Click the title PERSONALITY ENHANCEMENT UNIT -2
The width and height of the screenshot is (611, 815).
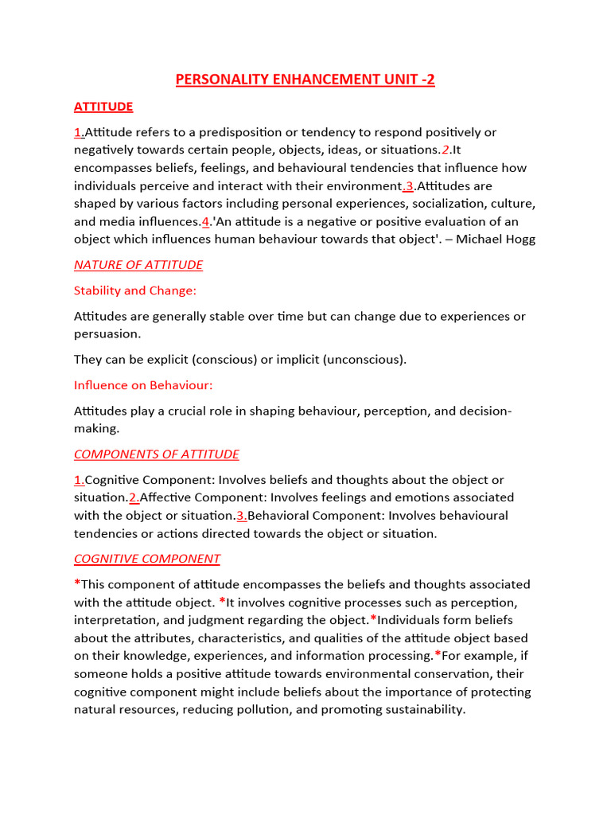[x=305, y=80]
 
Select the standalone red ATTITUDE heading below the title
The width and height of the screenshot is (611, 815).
[x=103, y=107]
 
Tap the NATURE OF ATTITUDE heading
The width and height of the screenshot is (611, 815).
[x=138, y=265]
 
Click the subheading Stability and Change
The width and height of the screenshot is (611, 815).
[x=134, y=291]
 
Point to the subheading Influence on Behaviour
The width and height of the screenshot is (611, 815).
[x=143, y=385]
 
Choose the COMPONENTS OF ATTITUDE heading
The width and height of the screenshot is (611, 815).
[x=156, y=454]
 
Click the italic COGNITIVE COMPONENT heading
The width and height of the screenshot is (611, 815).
[x=147, y=559]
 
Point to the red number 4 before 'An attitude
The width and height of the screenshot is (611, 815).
[x=205, y=221]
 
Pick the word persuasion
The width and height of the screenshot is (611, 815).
[x=107, y=334]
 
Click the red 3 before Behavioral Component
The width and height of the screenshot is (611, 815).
[x=239, y=516]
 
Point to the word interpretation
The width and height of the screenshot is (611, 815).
[x=115, y=620]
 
